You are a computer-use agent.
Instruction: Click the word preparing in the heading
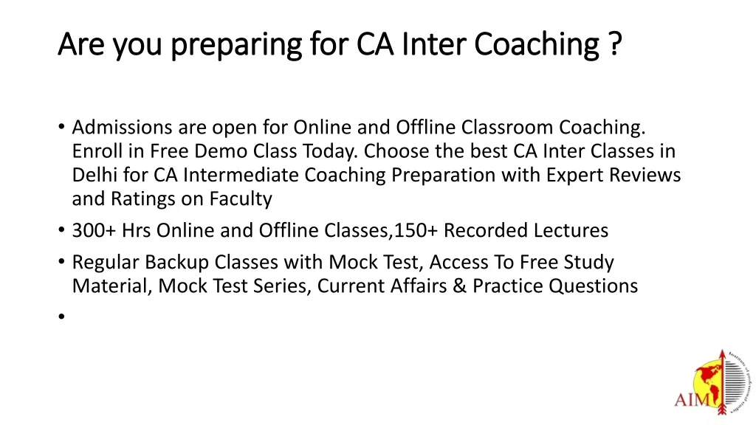236,45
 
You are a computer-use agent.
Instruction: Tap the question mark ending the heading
616,43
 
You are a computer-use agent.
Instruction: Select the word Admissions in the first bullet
122,127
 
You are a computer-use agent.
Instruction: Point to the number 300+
94,230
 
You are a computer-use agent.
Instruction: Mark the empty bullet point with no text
61,317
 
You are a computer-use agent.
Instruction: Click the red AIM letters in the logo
692,400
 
